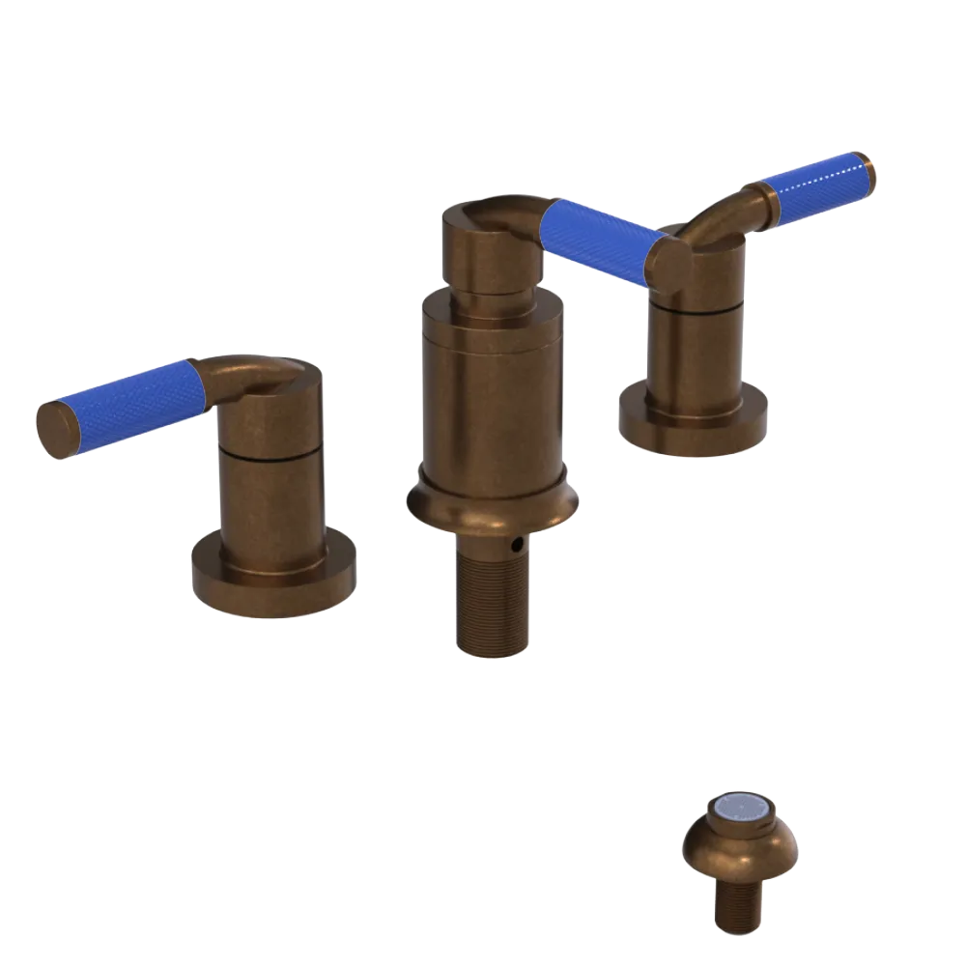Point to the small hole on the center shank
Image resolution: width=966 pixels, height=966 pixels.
pyautogui.click(x=520, y=547)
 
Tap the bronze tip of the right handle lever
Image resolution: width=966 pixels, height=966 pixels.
pyautogui.click(x=870, y=168)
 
